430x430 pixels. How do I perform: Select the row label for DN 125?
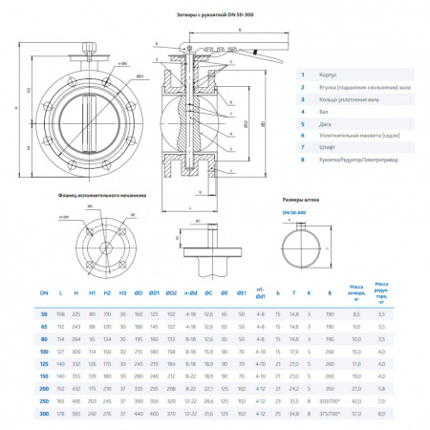pyautogui.click(x=43, y=363)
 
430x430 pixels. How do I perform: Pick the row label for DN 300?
pyautogui.click(x=43, y=416)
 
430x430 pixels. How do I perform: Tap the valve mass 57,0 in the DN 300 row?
pyautogui.click(x=357, y=416)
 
